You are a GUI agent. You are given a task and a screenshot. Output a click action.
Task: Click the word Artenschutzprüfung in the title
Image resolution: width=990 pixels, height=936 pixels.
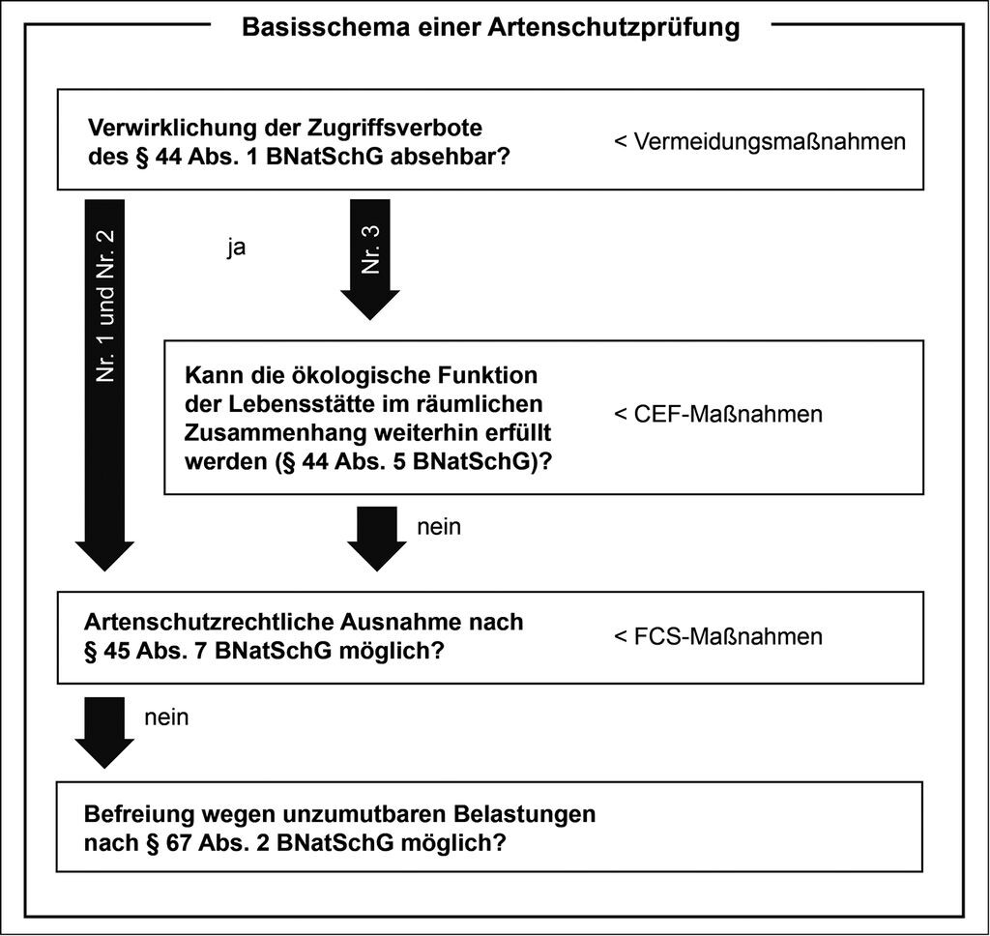pos(613,28)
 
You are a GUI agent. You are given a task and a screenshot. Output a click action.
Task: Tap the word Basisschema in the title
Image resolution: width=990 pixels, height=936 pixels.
pos(326,27)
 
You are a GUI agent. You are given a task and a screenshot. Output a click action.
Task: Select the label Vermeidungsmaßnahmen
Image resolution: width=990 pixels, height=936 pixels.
pos(770,141)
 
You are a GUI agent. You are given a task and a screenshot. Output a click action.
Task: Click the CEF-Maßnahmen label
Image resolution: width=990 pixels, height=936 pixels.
pos(728,414)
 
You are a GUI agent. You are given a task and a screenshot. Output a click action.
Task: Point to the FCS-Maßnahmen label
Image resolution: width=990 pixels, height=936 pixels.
pos(728,636)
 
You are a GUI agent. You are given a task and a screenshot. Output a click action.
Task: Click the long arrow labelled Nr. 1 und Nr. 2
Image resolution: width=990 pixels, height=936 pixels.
pos(104,385)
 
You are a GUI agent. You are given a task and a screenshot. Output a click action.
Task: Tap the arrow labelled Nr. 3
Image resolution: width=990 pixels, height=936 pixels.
pos(370,259)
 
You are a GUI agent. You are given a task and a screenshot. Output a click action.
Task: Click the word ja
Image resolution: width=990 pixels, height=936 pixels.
pos(237,247)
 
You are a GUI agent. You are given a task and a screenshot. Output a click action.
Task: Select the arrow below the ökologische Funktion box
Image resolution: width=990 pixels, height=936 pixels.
pos(377,539)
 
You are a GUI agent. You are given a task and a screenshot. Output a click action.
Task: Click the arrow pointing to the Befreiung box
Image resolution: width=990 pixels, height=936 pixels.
pos(104,733)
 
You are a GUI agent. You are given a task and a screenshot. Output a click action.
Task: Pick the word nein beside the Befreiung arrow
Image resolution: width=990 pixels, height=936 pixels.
pos(166,717)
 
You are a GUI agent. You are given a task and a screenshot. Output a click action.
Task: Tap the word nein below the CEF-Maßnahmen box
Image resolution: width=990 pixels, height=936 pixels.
pos(439,527)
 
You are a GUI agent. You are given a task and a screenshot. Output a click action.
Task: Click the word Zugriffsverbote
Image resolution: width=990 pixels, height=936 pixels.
pos(395,128)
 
